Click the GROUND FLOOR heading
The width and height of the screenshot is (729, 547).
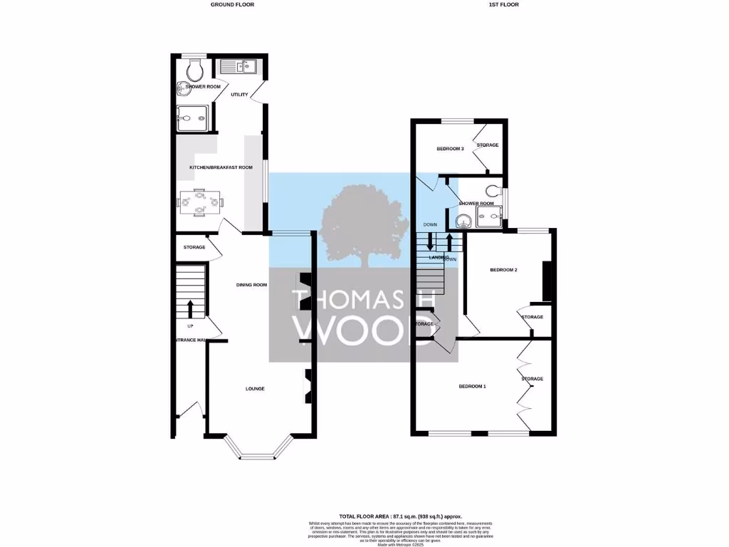point(232,4)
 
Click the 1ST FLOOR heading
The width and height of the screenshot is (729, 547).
point(503,4)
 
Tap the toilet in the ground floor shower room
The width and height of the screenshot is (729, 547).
point(194,70)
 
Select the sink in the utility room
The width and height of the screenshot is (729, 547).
point(239,67)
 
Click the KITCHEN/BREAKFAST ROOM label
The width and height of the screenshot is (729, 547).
point(221,167)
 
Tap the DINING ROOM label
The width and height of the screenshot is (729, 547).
point(251,285)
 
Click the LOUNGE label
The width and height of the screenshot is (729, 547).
point(255,389)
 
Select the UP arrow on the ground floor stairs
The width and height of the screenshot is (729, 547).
point(190,309)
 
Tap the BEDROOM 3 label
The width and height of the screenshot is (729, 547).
point(451,149)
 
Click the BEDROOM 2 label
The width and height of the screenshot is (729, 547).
point(503,271)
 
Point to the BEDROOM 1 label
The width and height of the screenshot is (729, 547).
point(472,386)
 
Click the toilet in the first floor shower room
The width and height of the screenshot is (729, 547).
point(495,190)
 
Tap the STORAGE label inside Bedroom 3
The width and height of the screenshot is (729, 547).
point(488,145)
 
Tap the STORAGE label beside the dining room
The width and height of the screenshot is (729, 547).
point(194,247)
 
